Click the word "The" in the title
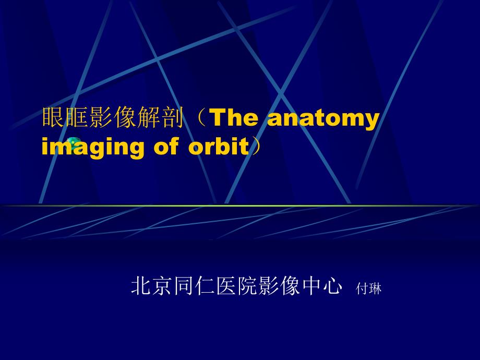(235, 117)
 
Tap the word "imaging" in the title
(93, 147)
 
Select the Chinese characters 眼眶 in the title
(65, 117)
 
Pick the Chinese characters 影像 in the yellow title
(112, 117)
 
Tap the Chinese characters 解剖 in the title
(160, 117)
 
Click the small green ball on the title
(73, 142)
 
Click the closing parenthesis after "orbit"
(256, 146)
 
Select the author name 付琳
(368, 289)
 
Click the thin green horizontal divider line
(240, 206)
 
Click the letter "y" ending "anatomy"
(372, 122)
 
